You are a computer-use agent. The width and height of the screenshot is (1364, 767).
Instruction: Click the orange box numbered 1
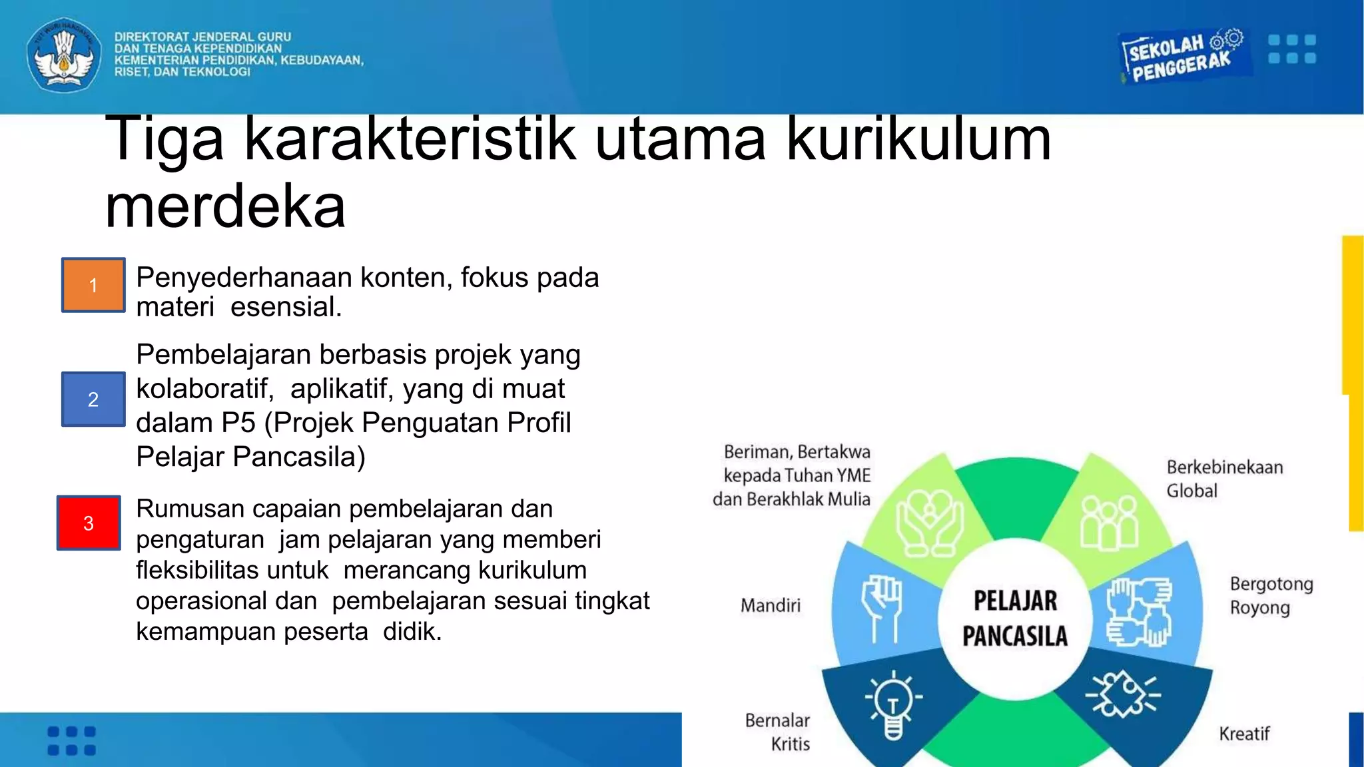[x=93, y=285]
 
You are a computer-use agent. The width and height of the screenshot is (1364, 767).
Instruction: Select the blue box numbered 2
[x=93, y=399]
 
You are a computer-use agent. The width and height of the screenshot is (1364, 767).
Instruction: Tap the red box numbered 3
[x=89, y=523]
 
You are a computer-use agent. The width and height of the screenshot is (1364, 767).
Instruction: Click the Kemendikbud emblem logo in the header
[x=64, y=55]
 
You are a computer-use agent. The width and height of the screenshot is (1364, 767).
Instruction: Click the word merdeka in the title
[x=225, y=206]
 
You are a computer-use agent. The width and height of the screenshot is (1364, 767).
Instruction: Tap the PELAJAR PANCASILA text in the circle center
[x=1014, y=619]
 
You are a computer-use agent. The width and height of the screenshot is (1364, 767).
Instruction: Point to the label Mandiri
[x=771, y=605]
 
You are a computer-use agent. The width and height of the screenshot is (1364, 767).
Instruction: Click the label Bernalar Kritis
[x=778, y=732]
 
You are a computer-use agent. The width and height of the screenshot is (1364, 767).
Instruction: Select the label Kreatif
[x=1243, y=734]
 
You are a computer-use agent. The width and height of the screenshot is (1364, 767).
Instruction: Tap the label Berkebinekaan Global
[x=1224, y=479]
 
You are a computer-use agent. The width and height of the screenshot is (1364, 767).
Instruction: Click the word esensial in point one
[x=286, y=307]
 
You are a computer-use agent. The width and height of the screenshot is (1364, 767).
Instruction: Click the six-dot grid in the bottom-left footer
[x=72, y=740]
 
